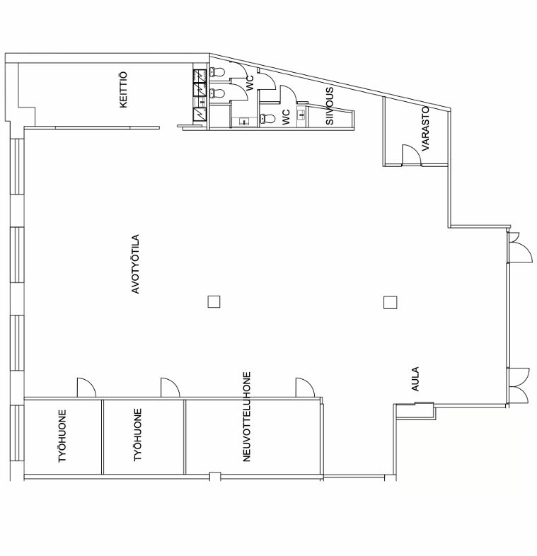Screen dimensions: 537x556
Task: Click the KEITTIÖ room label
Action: click(x=123, y=90)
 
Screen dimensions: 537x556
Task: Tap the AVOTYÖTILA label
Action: click(x=136, y=264)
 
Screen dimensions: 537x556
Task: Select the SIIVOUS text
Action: click(x=330, y=106)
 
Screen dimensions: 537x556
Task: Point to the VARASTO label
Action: click(x=425, y=128)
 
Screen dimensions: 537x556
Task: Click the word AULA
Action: click(x=415, y=378)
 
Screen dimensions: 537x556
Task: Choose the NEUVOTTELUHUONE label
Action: click(x=247, y=416)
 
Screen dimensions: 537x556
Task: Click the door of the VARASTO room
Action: click(x=412, y=155)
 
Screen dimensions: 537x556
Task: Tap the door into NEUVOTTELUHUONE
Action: click(x=305, y=388)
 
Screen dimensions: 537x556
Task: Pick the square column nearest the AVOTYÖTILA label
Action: click(x=214, y=302)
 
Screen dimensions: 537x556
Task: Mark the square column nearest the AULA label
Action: click(x=390, y=303)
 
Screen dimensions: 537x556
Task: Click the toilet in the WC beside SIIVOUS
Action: click(x=267, y=118)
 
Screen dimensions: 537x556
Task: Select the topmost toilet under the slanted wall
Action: click(x=217, y=72)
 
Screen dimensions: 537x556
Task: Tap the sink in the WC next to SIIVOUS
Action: click(x=302, y=114)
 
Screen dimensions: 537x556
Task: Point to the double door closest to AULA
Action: click(x=519, y=386)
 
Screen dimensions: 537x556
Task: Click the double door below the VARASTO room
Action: click(x=520, y=248)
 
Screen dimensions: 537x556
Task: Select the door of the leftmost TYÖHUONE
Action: click(x=86, y=388)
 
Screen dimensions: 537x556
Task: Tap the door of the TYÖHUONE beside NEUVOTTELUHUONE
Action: click(x=170, y=388)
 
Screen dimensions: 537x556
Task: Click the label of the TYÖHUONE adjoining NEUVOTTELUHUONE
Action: click(x=138, y=435)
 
